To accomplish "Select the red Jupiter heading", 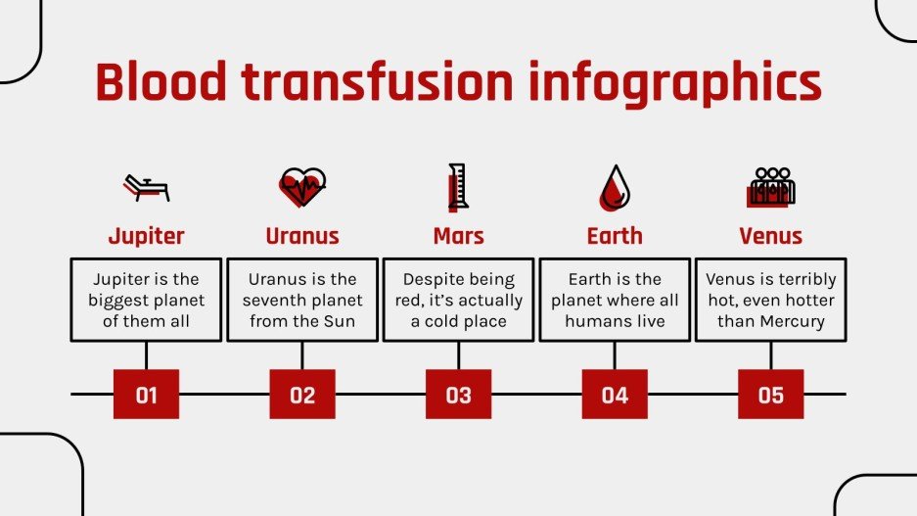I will click(146, 236).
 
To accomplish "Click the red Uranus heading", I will click(302, 236).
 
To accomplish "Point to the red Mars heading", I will click(458, 236).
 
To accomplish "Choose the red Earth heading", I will click(615, 236).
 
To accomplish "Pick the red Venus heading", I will click(771, 236).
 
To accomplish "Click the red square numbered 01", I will click(146, 395).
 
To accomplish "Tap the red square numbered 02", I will click(302, 395).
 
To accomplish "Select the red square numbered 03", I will click(458, 395).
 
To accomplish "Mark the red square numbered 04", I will click(615, 395).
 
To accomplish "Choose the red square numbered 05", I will click(771, 395).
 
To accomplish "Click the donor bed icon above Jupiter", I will click(146, 186).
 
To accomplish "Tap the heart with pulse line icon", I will click(302, 186).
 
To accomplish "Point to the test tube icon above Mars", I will click(457, 186).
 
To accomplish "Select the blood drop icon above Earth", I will click(615, 188).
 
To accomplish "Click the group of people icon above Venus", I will click(771, 186).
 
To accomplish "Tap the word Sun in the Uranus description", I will click(338, 321).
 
